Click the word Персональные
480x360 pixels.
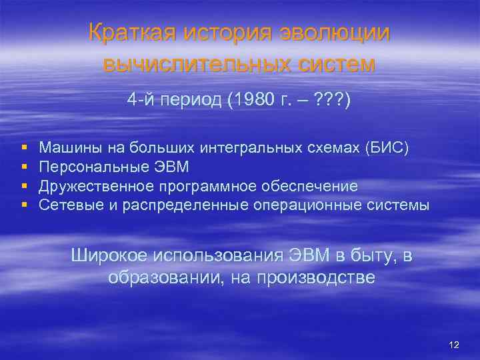point(89,166)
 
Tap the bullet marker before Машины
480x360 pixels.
point(24,147)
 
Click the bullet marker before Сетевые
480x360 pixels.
point(24,205)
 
